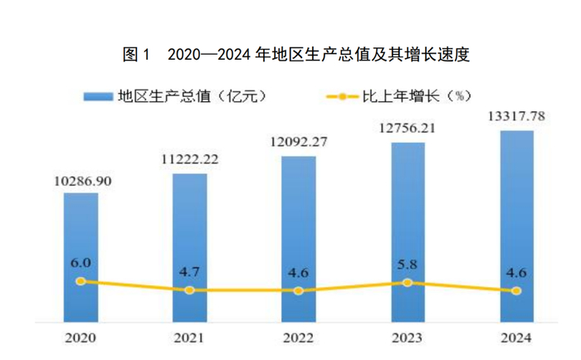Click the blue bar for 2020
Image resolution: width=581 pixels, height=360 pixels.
point(81,257)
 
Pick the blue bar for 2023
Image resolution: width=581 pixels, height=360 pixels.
point(408,231)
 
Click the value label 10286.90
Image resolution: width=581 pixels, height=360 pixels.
point(81,180)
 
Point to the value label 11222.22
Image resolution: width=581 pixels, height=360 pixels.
point(190,160)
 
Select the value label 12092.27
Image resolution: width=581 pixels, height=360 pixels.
point(299,142)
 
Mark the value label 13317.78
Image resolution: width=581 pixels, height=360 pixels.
point(516,115)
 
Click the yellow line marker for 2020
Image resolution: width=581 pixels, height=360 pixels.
point(81,281)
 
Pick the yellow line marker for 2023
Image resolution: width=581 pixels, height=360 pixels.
point(408,283)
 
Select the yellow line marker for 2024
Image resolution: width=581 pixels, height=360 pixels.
point(516,291)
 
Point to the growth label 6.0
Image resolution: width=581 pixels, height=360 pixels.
point(81,264)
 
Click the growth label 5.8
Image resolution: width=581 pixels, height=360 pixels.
point(408,265)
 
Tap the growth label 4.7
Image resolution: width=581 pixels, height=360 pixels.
point(190,274)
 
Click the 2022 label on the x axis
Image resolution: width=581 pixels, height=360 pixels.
point(298,338)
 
